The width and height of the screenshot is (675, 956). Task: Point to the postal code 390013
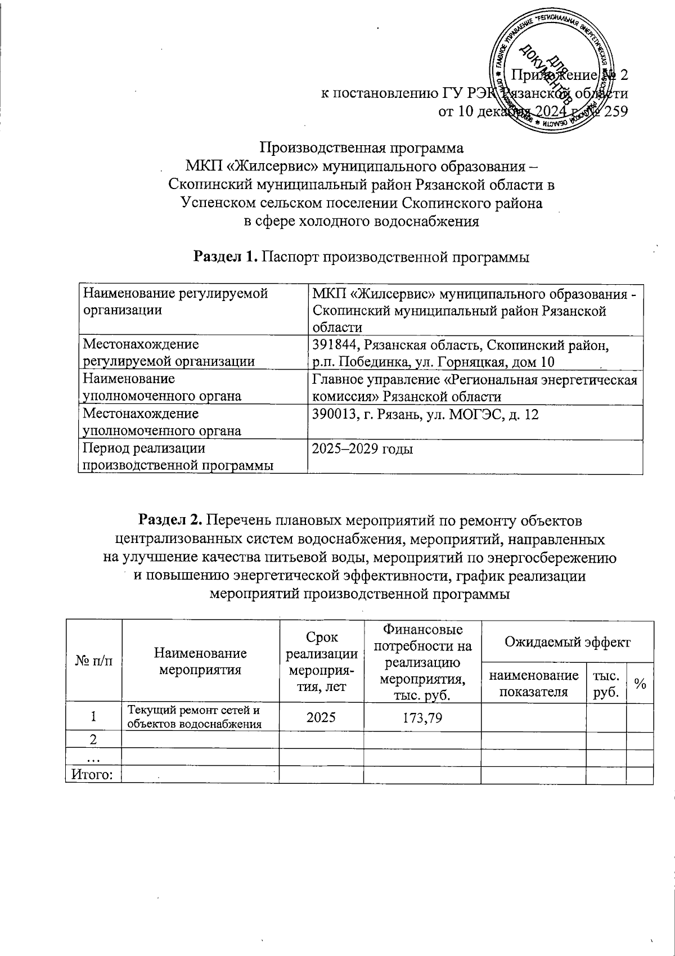click(335, 415)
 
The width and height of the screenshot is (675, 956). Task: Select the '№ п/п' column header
click(93, 661)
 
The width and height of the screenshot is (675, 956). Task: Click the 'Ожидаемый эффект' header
click(567, 641)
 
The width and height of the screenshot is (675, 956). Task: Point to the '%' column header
click(640, 683)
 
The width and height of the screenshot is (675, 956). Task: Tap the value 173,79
click(422, 717)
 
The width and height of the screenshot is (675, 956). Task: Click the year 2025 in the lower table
click(321, 717)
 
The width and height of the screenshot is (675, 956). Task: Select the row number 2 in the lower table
click(94, 739)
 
